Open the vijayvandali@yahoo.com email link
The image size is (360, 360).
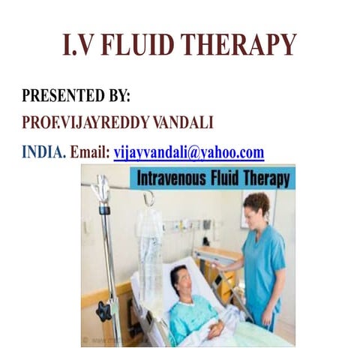[189, 152]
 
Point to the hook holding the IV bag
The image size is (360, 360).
[149, 199]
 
